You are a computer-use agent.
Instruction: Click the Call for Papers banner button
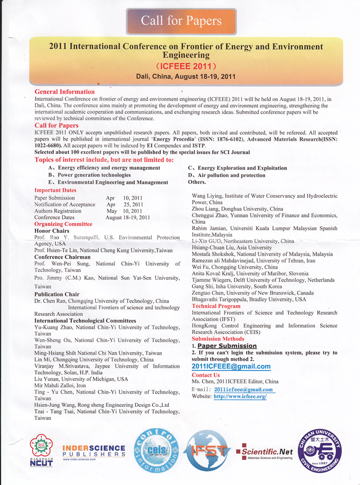[x=181, y=21]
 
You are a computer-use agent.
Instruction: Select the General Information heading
[x=65, y=92]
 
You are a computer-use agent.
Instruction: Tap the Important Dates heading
[x=55, y=191]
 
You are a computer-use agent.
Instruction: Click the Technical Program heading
[x=216, y=306]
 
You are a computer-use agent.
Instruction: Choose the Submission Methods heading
[x=218, y=339]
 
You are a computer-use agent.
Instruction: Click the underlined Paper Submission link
[x=227, y=346]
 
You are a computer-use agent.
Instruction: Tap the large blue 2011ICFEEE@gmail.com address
[x=231, y=366]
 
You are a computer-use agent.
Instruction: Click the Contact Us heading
[x=206, y=375]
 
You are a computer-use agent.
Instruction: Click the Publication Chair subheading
[x=57, y=294]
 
